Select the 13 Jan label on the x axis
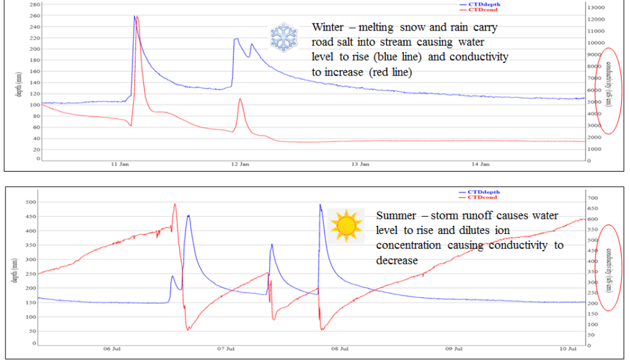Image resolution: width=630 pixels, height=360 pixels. tap(359, 164)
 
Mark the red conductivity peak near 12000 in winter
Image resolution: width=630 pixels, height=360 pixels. tap(137, 17)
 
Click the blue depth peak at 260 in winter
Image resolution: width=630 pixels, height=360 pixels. tap(134, 16)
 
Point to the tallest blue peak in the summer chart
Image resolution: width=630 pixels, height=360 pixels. tap(320, 205)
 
